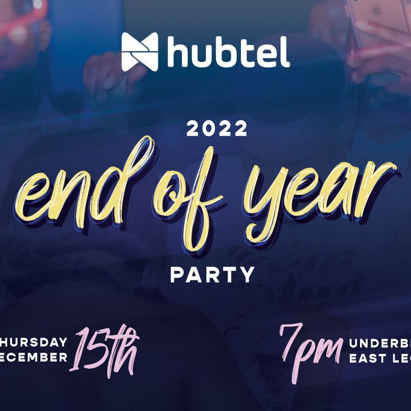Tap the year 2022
click(x=217, y=129)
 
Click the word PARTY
click(x=212, y=275)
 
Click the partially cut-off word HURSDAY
click(x=33, y=343)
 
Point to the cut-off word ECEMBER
click(x=33, y=357)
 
